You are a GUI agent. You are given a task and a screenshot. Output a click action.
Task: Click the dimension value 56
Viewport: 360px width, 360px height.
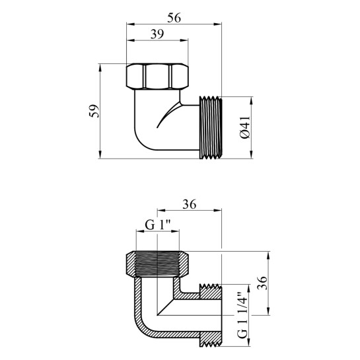tap(174, 18)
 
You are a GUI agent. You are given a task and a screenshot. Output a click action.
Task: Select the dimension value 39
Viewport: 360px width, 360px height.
tap(157, 34)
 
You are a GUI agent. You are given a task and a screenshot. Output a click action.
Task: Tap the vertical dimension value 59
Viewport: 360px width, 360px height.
tap(94, 111)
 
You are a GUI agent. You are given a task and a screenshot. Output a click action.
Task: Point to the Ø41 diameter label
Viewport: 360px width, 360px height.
tap(245, 127)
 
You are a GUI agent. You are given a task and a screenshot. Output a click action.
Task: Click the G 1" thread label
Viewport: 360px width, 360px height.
tap(158, 225)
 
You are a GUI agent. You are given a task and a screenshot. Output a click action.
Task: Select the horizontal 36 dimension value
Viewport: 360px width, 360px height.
tap(190, 204)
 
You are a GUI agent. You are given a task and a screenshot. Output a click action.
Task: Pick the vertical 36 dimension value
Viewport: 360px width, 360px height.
tap(262, 283)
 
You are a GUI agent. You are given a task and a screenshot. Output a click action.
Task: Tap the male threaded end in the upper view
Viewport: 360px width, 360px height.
tap(211, 127)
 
